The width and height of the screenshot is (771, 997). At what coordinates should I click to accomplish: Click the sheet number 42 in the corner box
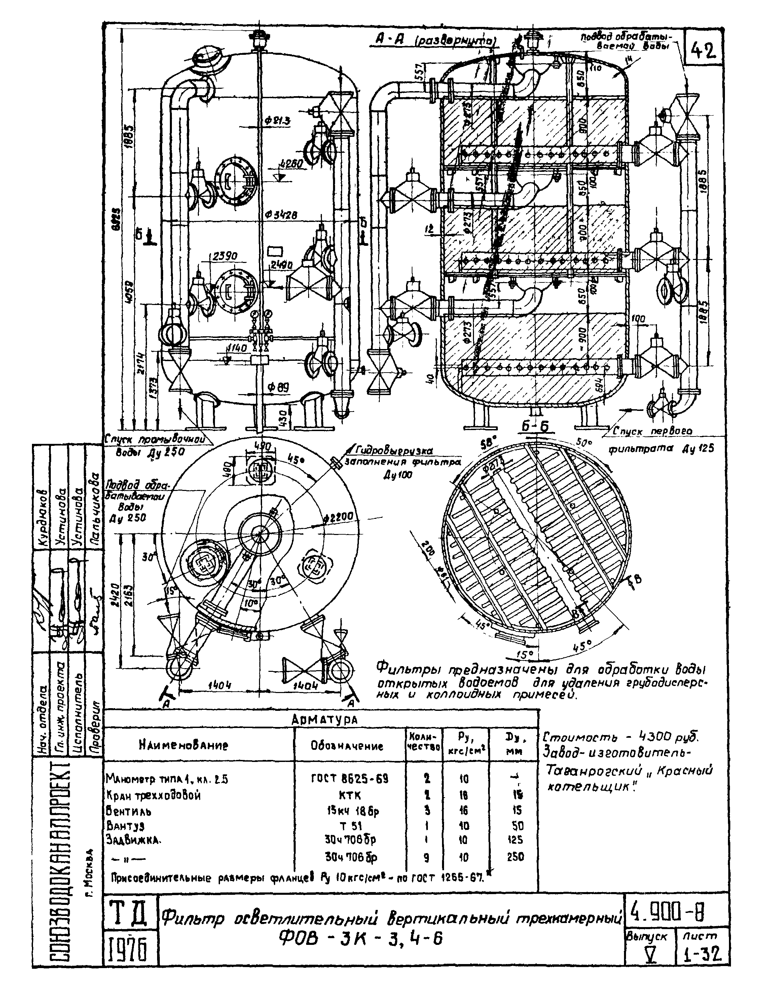(703, 50)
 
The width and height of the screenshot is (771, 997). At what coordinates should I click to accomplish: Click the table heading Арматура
(324, 720)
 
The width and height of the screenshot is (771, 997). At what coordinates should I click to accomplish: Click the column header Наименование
(183, 745)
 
